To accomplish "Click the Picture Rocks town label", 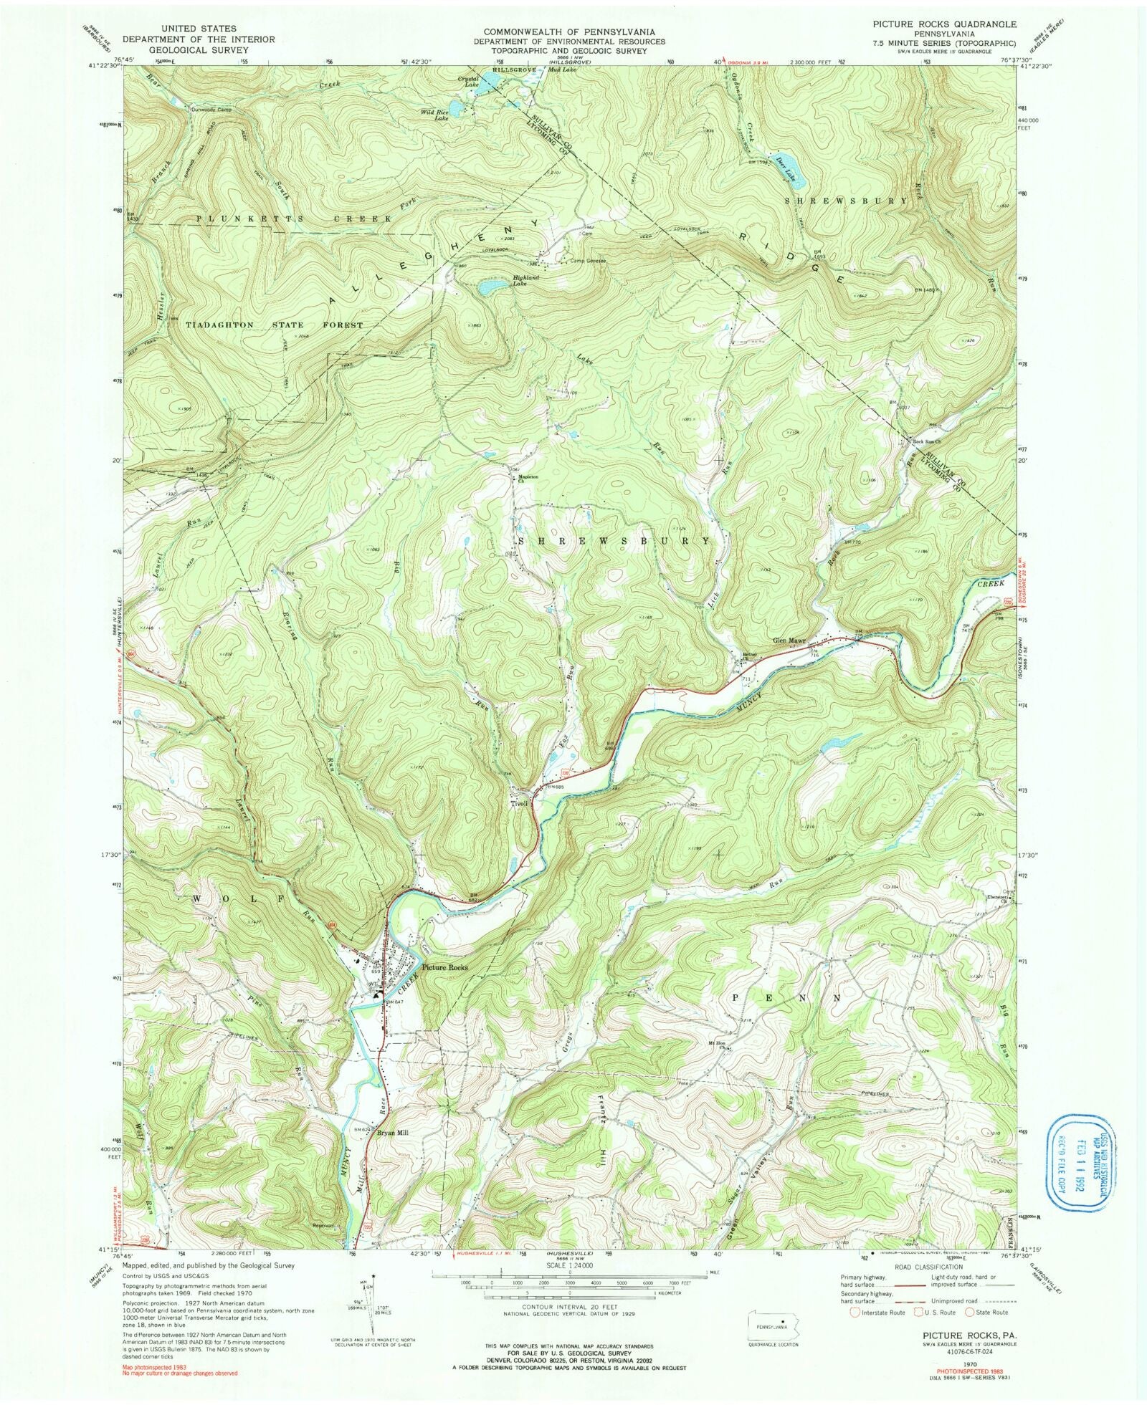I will point(444,967).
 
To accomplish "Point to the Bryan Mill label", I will point(392,1154).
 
